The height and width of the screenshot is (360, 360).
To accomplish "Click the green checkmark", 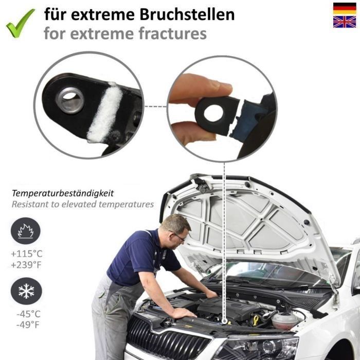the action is [x=20, y=23].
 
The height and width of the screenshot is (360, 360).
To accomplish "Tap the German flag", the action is [x=345, y=9].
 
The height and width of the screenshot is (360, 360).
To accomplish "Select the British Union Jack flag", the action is [x=345, y=22].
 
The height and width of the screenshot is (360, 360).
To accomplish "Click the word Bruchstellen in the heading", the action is [x=187, y=14].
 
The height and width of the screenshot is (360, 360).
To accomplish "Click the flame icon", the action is [x=26, y=231].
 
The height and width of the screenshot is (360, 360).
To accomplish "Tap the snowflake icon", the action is [x=26, y=291].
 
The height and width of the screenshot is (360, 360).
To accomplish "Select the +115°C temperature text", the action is [x=27, y=254].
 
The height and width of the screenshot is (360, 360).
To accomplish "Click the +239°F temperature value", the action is [x=26, y=265].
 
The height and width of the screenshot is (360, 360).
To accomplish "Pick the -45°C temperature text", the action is [x=28, y=314].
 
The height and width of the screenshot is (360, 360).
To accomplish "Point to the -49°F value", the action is [x=28, y=325].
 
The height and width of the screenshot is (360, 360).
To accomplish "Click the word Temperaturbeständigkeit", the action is [x=63, y=193].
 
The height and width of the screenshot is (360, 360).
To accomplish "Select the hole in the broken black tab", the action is [x=213, y=114].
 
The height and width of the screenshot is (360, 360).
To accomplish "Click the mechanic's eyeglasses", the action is [x=178, y=236].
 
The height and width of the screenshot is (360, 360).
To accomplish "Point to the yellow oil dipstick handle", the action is [x=256, y=320].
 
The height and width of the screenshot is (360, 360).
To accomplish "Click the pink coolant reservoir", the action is [x=285, y=320].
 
